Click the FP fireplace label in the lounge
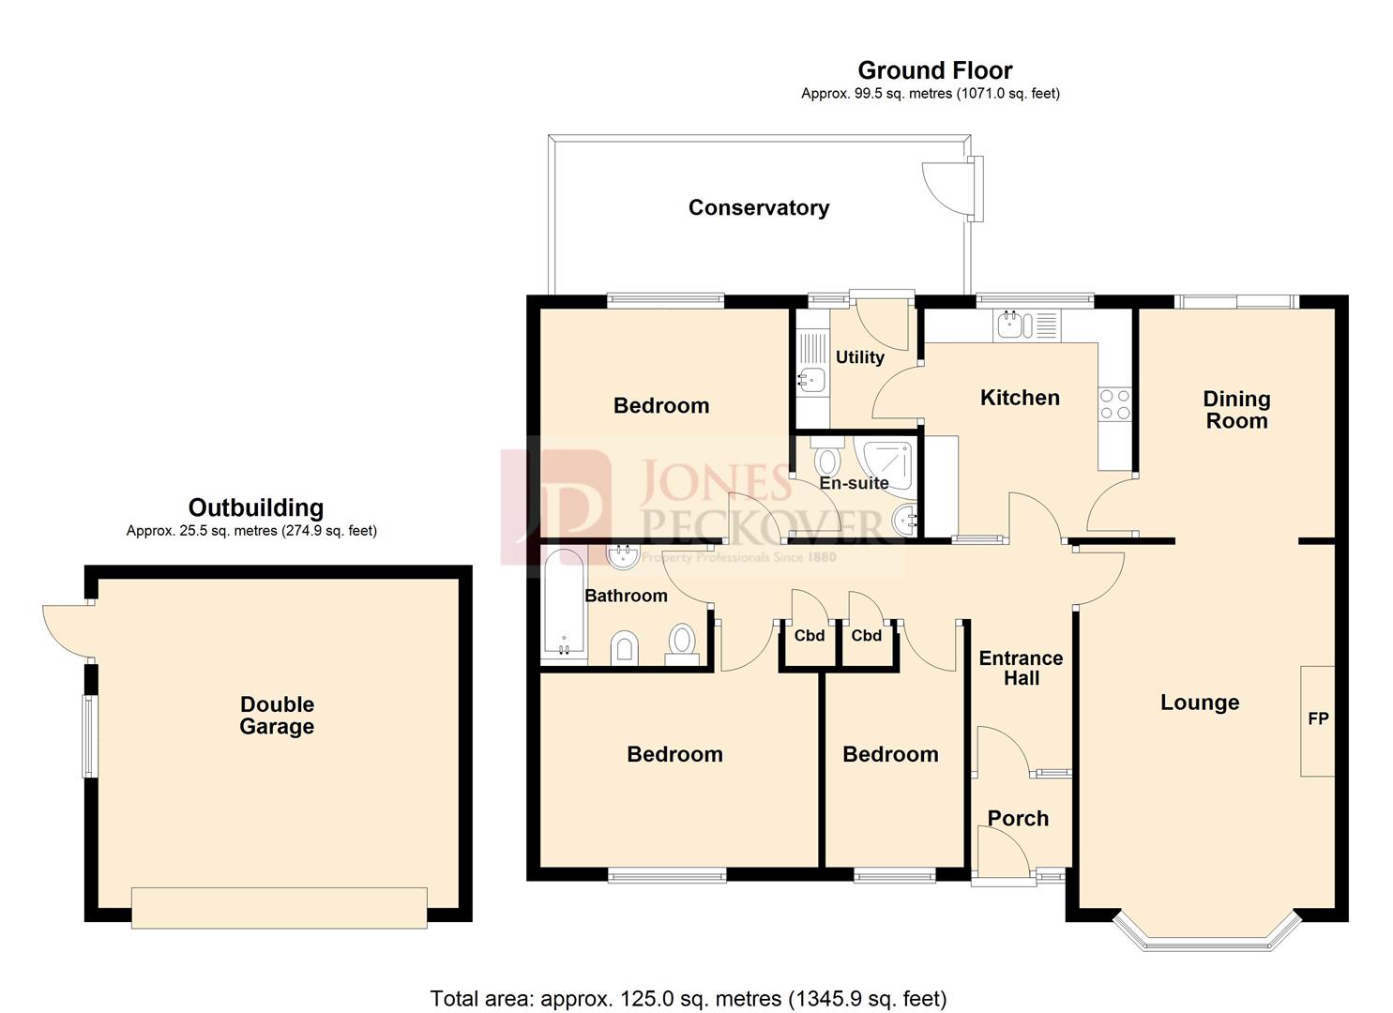[1317, 719]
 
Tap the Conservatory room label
[758, 207]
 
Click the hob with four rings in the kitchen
[1114, 404]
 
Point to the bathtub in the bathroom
[563, 604]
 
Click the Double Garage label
[277, 715]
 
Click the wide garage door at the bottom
[279, 907]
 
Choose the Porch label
[1018, 818]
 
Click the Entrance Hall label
[1021, 668]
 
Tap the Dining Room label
[1235, 409]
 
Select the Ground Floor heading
[934, 70]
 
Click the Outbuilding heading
[255, 507]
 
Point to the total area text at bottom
[688, 998]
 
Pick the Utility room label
[859, 357]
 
